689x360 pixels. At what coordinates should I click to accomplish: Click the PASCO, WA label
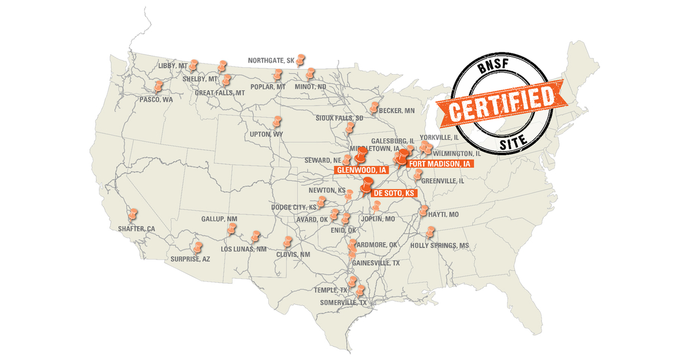coord(156,99)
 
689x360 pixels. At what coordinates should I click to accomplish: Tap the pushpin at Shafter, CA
coord(133,214)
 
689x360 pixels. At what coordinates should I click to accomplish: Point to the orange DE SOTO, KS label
coord(394,193)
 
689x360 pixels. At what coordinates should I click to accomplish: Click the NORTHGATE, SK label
coord(271,60)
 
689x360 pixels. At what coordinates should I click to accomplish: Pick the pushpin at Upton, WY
coord(277,122)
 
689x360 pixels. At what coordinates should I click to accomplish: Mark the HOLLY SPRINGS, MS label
coord(439,245)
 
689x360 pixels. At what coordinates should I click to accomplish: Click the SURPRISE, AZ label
coord(190,259)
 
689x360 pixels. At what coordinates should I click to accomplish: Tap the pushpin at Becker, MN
coord(375,107)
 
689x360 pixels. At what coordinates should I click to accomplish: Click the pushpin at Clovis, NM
coord(288,242)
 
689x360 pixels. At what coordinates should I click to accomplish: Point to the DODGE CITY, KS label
coord(294,207)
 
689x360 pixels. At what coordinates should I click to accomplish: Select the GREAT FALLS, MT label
coord(220,92)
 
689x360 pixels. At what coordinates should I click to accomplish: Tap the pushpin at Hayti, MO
coord(424,211)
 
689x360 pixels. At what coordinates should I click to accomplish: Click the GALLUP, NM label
coord(219,219)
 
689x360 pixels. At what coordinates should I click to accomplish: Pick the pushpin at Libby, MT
coord(194,63)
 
